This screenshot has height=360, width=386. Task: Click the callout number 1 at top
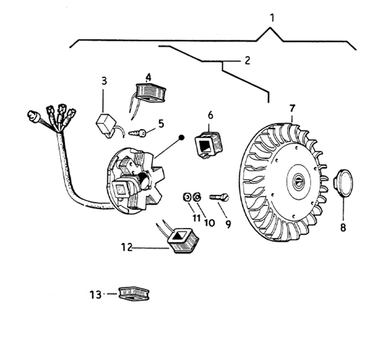(272, 17)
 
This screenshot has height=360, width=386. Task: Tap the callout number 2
(247, 60)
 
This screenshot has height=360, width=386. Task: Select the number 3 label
(104, 81)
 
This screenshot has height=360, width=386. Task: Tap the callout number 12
(127, 247)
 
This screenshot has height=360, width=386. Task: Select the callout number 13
(95, 294)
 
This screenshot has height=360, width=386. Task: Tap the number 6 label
(210, 115)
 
